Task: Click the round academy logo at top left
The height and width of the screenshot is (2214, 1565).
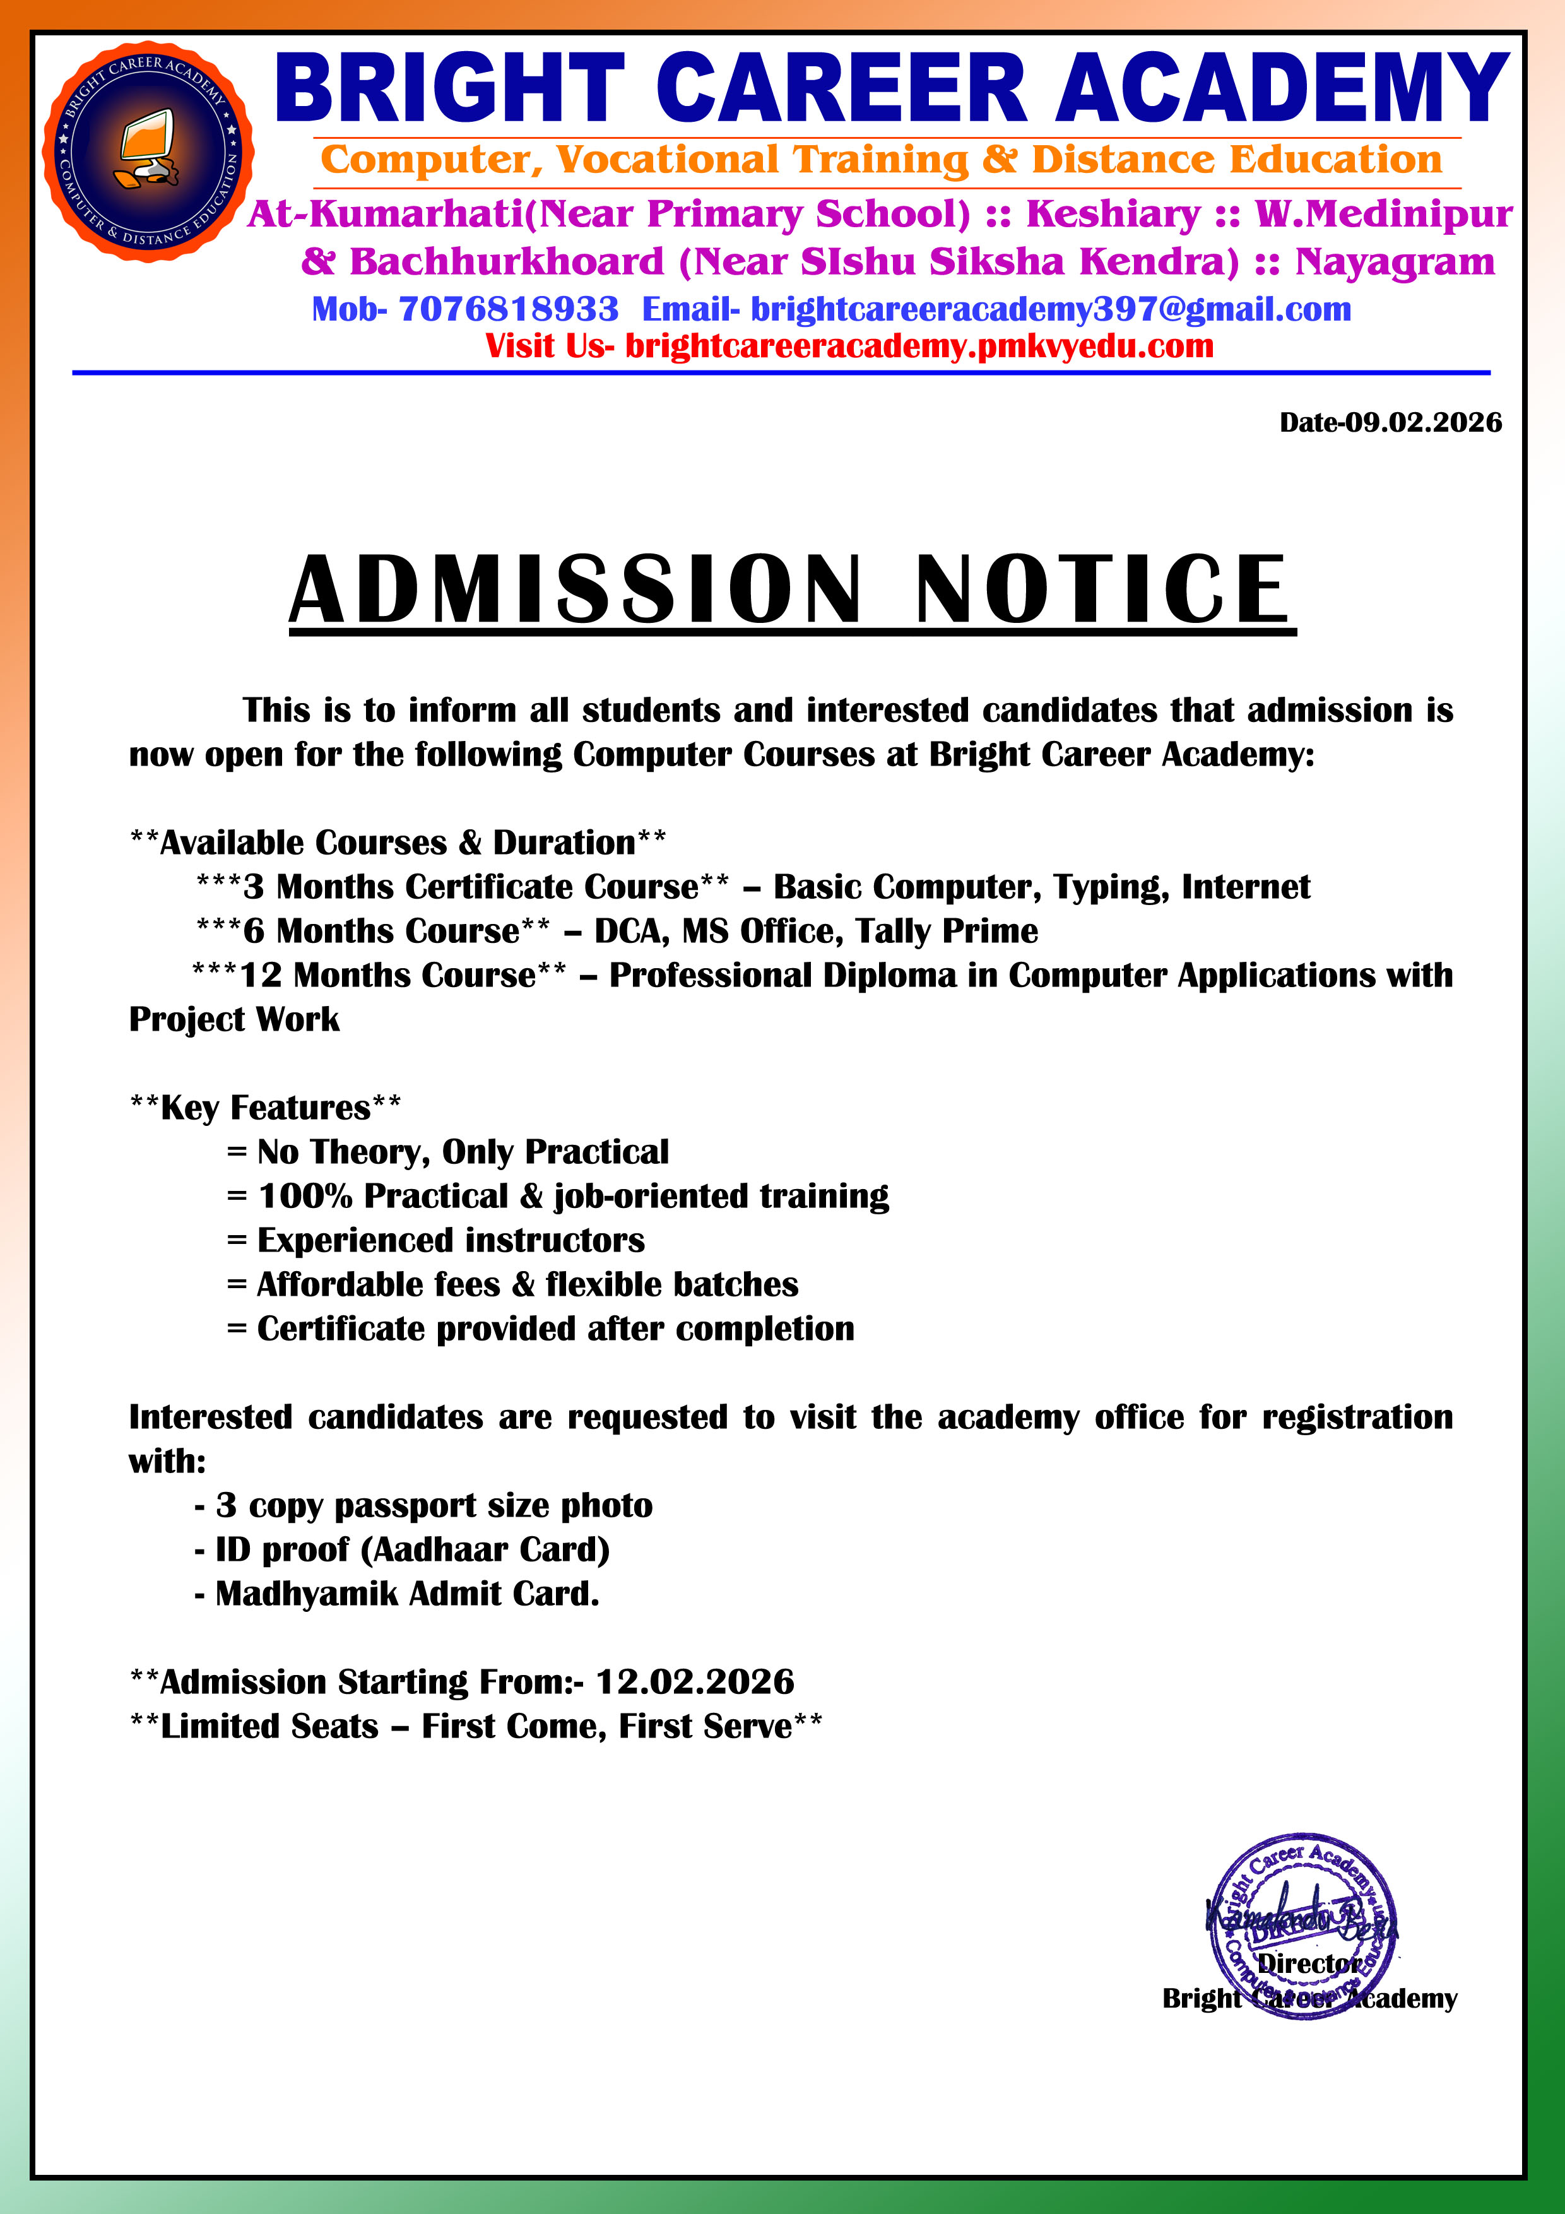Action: point(148,151)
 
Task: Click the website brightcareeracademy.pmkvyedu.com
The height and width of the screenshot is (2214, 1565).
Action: point(919,346)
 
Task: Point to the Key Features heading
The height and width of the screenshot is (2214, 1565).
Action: point(265,1108)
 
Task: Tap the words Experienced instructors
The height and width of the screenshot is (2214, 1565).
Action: point(451,1241)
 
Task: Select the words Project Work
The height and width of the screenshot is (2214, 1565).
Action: point(234,1020)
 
